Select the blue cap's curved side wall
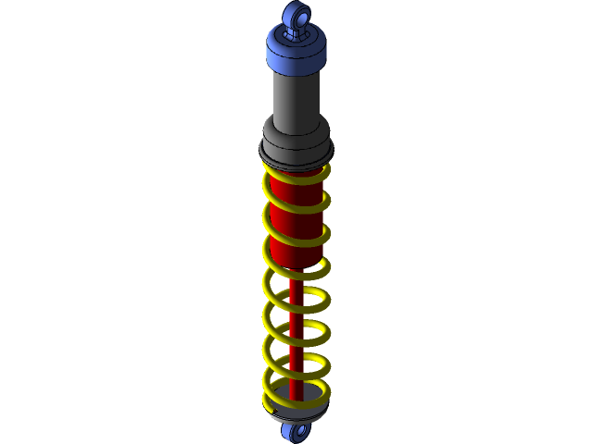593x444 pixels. tap(295, 56)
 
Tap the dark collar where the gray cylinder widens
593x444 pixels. tap(296, 129)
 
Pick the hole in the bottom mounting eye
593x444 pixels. tap(298, 431)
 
